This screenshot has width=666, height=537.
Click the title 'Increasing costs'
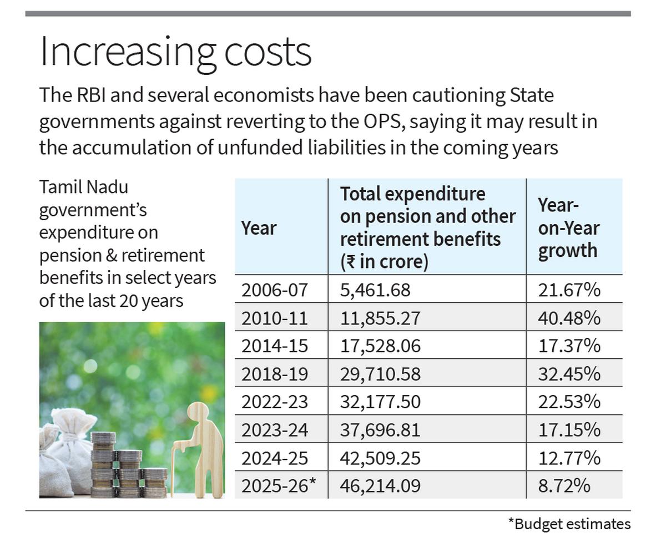[175, 52]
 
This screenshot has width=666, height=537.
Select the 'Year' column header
[259, 227]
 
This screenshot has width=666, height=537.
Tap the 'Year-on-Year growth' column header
[568, 227]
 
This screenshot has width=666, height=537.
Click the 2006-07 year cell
[274, 290]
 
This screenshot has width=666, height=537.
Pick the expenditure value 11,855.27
[380, 318]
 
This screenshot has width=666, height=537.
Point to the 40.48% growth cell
[569, 318]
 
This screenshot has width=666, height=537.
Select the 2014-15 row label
[274, 346]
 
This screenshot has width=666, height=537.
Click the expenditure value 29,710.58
[380, 374]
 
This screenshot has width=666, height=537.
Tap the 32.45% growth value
[569, 374]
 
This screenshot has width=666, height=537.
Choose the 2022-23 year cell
[274, 402]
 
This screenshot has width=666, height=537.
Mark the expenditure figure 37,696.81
[380, 430]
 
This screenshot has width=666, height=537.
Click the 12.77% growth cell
[569, 458]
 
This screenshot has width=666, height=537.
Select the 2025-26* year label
[278, 486]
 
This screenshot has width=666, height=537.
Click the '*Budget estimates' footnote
[569, 524]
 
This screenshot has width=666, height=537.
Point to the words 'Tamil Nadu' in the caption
[83, 188]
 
